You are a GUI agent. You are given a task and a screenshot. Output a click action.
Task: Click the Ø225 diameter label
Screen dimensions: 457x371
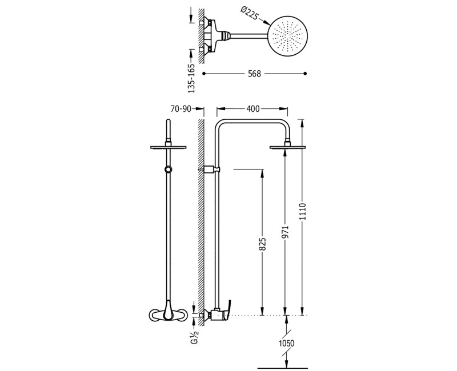249,14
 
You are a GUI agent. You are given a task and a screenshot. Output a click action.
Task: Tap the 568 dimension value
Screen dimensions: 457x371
254,74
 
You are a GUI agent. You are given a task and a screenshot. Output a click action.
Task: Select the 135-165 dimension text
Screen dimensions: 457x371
191,78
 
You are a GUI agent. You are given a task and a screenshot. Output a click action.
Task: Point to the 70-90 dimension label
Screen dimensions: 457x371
181,109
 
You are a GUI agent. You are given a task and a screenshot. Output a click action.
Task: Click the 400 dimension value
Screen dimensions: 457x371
252,108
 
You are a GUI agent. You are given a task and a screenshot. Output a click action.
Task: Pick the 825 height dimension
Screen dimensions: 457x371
262,244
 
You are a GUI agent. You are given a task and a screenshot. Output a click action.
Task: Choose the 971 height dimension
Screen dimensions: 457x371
286,232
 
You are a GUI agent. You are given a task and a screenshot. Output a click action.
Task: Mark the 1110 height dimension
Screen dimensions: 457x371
303,212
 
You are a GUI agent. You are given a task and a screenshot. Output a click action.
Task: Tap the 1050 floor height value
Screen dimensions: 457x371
287,344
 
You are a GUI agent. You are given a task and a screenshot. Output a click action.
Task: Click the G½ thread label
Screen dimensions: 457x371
195,337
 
